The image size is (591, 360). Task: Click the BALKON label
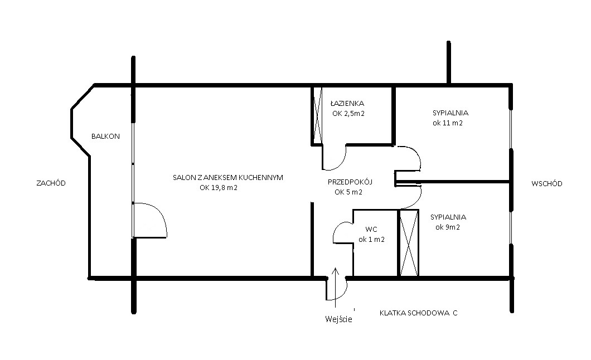[105, 137]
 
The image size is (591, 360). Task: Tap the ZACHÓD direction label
[51, 183]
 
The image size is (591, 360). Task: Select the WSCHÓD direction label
[547, 183]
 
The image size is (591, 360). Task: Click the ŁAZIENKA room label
[347, 103]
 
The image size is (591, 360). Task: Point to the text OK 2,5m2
[348, 113]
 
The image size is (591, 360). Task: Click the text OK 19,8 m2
[219, 188]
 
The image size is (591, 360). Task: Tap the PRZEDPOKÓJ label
[350, 182]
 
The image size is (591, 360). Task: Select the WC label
[371, 230]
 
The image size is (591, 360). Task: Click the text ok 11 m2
[448, 123]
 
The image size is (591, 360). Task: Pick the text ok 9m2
[448, 227]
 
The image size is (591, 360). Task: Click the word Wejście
[338, 319]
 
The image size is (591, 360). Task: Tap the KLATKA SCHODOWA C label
[418, 313]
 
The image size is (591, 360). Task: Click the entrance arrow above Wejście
[335, 284]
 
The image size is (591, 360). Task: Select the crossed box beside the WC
[409, 243]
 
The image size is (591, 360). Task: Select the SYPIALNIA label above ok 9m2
[448, 217]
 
